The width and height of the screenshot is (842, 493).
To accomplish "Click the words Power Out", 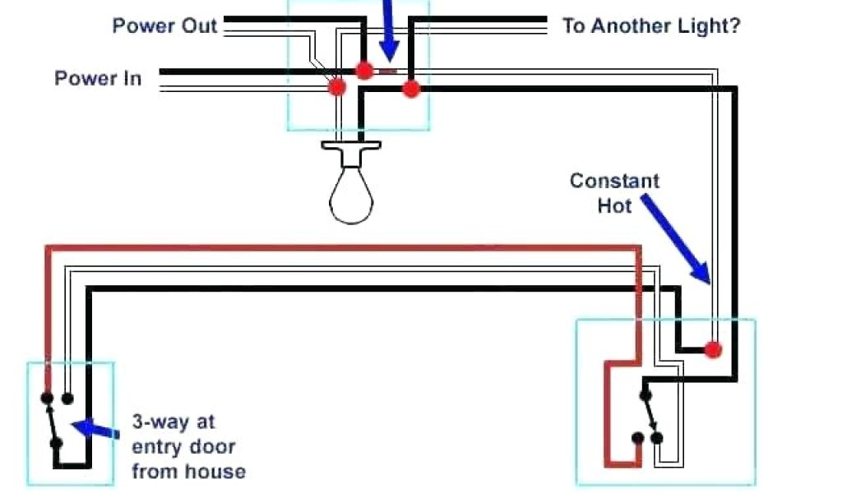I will [x=164, y=25].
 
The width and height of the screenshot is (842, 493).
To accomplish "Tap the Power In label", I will [x=98, y=79].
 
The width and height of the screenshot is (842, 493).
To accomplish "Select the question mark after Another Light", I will [x=733, y=25].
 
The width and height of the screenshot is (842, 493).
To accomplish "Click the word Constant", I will [x=614, y=181].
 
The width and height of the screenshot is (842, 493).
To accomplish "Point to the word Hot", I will [x=614, y=205].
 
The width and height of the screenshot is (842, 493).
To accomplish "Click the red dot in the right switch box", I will [x=713, y=349].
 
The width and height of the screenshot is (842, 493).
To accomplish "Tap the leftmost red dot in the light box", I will [x=336, y=86].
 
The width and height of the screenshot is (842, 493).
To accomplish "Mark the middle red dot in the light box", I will [x=363, y=71].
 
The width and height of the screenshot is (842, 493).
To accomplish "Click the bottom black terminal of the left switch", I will [x=56, y=444].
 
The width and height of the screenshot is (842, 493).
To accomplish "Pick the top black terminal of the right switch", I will [x=645, y=394].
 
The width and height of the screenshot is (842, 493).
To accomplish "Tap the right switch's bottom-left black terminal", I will [x=637, y=438].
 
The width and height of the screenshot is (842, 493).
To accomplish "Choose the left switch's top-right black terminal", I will [x=67, y=399].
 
